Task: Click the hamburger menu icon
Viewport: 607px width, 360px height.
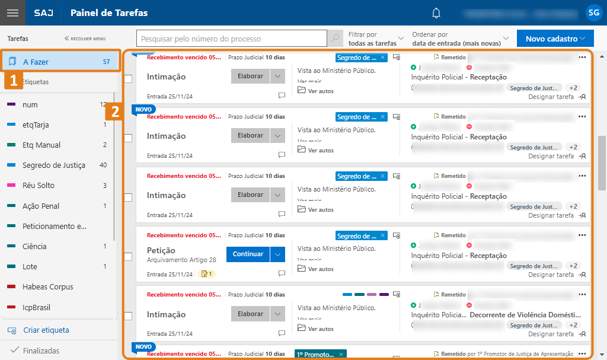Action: tap(13, 13)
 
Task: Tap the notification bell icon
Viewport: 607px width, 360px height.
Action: tap(436, 13)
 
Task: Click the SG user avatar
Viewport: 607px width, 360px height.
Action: tap(593, 12)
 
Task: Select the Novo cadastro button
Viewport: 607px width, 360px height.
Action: tap(555, 39)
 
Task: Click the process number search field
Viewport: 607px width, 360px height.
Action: tap(232, 39)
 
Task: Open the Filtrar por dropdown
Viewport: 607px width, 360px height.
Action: tap(376, 39)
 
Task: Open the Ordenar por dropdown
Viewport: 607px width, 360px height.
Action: tap(461, 39)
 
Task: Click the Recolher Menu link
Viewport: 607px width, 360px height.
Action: tap(85, 39)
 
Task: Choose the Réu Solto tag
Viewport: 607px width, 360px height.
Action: tap(39, 186)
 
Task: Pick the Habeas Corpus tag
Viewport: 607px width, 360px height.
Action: tap(47, 287)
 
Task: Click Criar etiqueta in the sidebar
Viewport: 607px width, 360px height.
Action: tap(46, 330)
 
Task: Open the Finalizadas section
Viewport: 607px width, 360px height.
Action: tap(41, 351)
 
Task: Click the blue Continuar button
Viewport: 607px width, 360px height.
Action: tap(248, 254)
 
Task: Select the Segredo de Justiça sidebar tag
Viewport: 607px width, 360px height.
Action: tap(53, 165)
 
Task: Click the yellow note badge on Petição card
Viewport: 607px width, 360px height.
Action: tap(207, 274)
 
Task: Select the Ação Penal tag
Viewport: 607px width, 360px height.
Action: tap(41, 206)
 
